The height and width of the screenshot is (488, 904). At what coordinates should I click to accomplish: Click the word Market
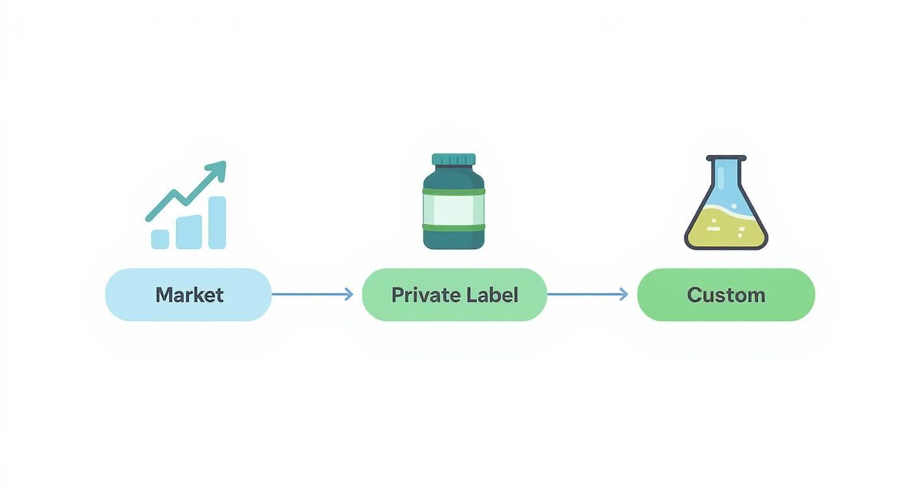point(189,295)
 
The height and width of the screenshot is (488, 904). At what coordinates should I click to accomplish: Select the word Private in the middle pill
point(422,295)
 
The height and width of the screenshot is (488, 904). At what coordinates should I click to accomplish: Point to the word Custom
point(725,295)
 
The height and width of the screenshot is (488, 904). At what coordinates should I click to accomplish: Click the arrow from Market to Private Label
point(312,295)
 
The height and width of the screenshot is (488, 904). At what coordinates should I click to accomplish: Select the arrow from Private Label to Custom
point(587,295)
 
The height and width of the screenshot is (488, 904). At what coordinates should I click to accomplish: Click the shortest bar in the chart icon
point(160,239)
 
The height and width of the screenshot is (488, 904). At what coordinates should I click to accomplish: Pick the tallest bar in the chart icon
point(217,223)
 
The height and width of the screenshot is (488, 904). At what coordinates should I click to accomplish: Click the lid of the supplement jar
point(453,160)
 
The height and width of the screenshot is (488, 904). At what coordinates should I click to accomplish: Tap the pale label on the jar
point(453,208)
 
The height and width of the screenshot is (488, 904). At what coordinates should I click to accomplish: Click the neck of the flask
point(725,172)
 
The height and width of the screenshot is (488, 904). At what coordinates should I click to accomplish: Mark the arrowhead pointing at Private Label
point(349,295)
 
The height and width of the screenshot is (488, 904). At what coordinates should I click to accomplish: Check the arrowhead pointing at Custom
point(624,295)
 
